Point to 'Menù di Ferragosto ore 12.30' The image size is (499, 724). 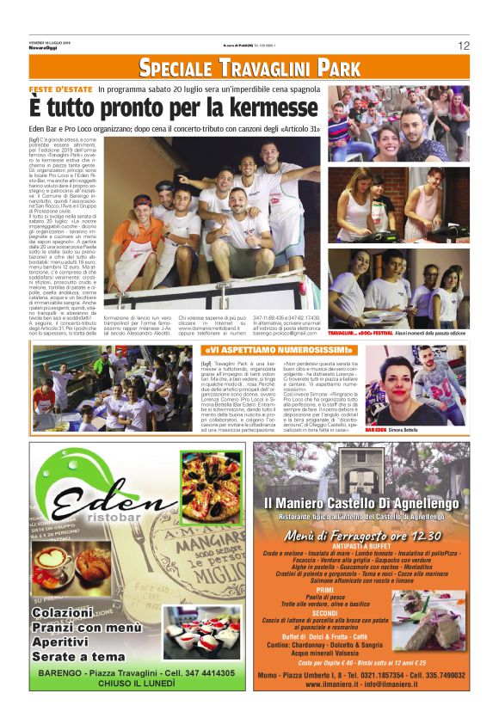(x=364, y=537)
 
